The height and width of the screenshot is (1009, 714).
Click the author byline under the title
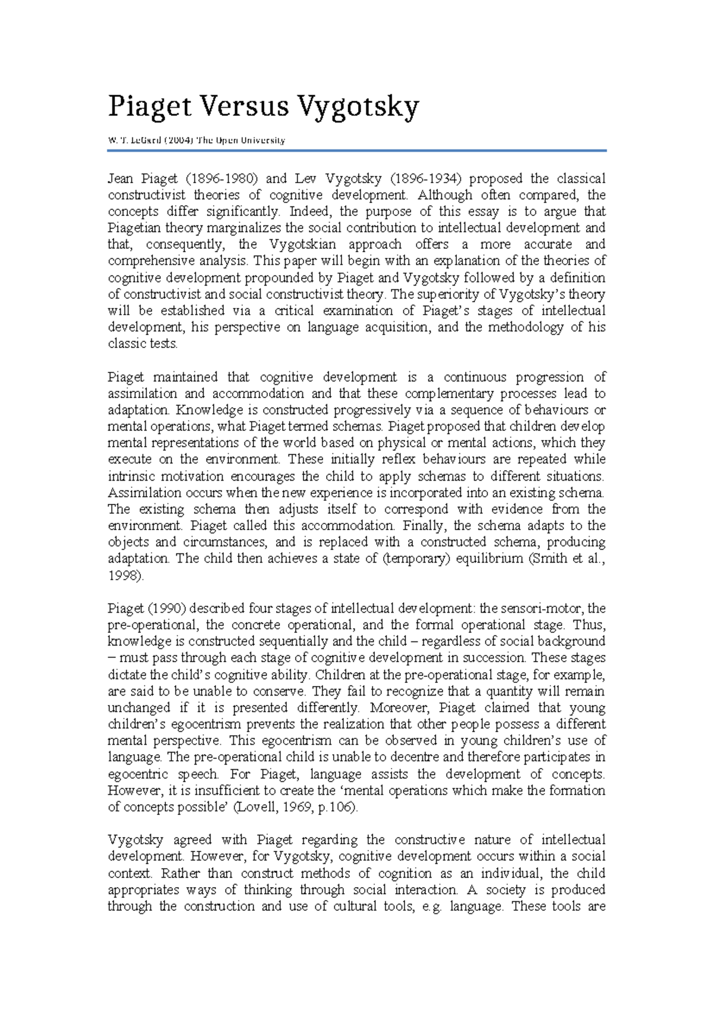point(196,140)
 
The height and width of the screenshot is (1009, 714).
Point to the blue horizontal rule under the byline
point(357,151)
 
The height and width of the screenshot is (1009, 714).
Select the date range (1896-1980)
point(221,178)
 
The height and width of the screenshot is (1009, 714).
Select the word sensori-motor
point(540,608)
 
